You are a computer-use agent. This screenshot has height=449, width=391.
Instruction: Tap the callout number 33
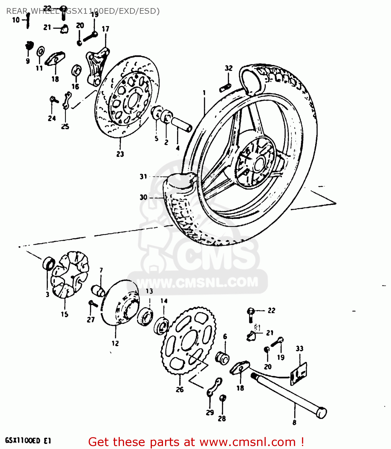click(x=299, y=348)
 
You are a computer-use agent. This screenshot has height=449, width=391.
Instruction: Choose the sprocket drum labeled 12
click(x=120, y=302)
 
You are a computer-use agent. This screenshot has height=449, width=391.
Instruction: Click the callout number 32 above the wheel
click(x=229, y=68)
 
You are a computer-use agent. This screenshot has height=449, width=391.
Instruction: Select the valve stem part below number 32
click(x=225, y=88)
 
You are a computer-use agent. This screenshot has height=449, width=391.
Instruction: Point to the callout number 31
click(x=144, y=177)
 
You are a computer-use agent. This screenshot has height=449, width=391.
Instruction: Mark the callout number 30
click(x=144, y=197)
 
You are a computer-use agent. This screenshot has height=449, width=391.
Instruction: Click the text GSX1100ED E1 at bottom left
click(x=28, y=441)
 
